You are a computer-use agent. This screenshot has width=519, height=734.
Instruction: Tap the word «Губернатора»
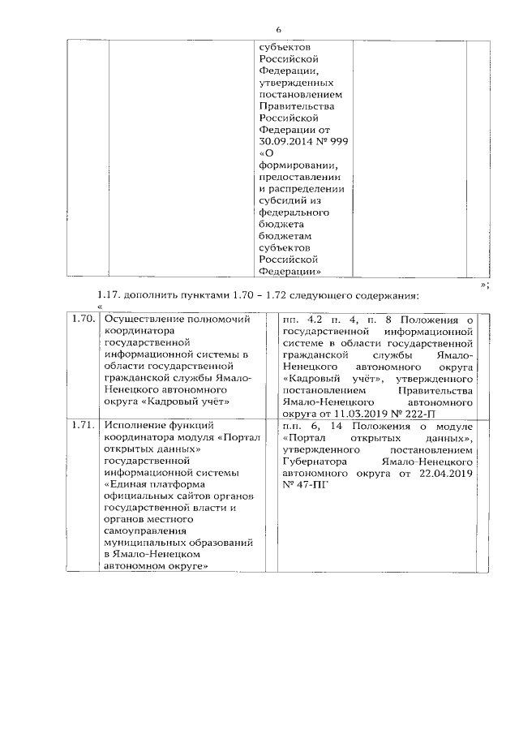click(315, 461)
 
